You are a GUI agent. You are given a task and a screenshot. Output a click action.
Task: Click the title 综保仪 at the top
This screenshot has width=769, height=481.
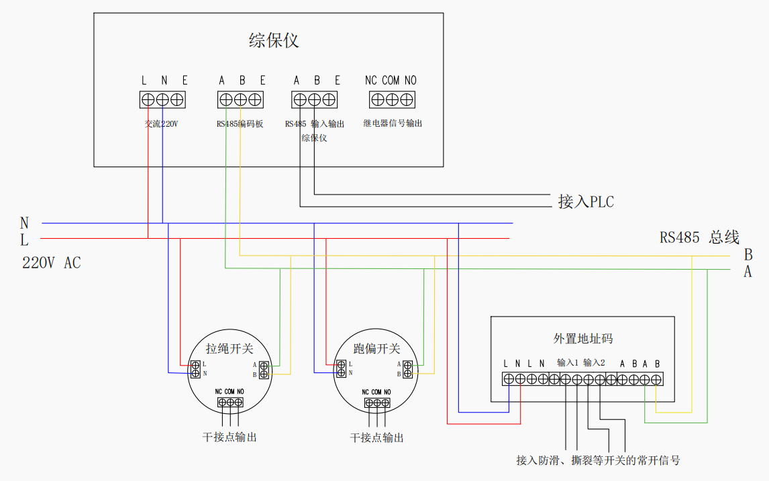click(x=274, y=41)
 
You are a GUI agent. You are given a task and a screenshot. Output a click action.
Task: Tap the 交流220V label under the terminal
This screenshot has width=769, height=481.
click(x=162, y=124)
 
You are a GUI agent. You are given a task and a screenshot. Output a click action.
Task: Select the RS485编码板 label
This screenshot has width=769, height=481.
click(x=240, y=124)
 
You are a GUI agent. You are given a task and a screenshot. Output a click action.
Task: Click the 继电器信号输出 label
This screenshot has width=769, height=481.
click(x=393, y=124)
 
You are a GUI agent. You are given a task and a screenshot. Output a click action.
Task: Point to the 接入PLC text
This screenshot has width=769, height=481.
click(x=586, y=201)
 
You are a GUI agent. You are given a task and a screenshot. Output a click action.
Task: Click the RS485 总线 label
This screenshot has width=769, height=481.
click(x=699, y=237)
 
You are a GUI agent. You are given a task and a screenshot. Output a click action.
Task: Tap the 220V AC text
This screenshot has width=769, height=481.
click(x=52, y=263)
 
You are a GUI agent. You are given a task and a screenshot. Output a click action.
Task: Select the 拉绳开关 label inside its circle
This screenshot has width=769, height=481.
click(x=229, y=349)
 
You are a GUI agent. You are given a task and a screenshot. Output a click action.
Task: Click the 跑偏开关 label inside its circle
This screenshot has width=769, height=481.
click(x=376, y=349)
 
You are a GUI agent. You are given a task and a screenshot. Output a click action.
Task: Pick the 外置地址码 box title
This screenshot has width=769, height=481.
click(x=583, y=339)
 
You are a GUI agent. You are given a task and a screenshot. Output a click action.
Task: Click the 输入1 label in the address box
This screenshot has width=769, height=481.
click(x=568, y=363)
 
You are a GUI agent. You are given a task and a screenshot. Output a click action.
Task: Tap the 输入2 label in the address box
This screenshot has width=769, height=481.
click(x=594, y=363)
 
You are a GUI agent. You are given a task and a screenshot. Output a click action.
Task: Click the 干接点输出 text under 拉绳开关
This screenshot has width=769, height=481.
click(x=229, y=437)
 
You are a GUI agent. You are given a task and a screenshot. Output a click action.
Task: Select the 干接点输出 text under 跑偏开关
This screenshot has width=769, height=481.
click(x=377, y=438)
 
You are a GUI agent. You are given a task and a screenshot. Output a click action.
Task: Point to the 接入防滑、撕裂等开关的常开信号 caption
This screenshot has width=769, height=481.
click(x=598, y=460)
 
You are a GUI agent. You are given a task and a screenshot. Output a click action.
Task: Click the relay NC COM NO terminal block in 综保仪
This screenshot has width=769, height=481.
click(x=393, y=100)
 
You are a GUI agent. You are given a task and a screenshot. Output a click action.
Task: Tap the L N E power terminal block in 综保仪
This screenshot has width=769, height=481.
click(x=162, y=100)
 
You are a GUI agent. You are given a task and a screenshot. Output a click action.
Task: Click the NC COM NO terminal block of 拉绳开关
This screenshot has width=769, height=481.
click(x=230, y=403)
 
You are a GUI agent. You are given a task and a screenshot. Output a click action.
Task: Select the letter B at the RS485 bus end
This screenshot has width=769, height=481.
click(x=748, y=255)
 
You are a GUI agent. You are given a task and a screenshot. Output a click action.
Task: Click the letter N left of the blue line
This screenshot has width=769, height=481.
click(x=25, y=223)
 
